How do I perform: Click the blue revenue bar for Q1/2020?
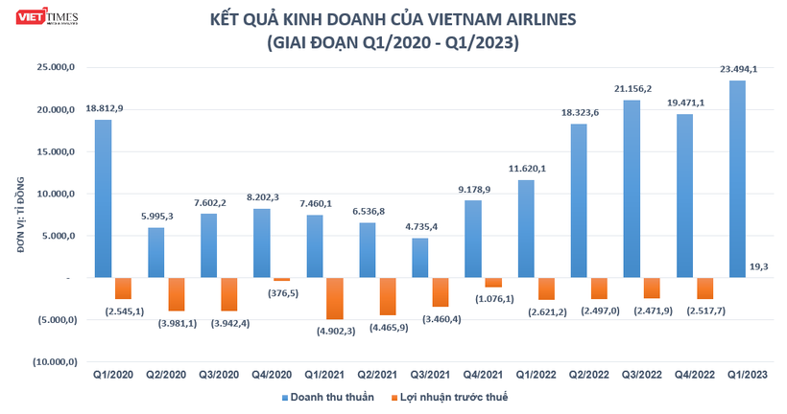click(104, 198)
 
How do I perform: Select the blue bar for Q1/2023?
click(737, 179)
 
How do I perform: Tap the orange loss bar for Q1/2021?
click(334, 298)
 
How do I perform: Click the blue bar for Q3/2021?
click(420, 258)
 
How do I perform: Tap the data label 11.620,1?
click(526, 169)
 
